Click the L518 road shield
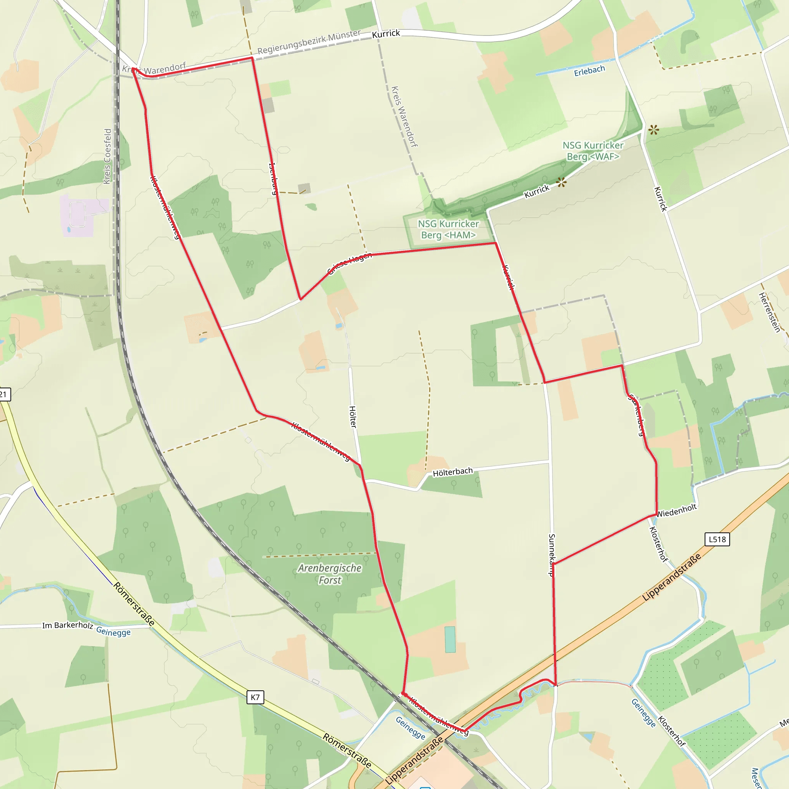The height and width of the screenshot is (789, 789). pos(717,539)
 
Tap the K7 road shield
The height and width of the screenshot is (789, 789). pos(255,697)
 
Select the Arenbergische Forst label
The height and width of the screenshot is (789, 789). pos(329,574)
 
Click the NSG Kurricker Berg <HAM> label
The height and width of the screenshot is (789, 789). pos(448,230)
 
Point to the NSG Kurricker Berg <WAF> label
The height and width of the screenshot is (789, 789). pos(593,151)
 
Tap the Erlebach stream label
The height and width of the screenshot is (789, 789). pos(589,71)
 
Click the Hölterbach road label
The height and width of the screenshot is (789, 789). pos(453,472)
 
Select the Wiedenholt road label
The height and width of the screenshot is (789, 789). pos(676,510)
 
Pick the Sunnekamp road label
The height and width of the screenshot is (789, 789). pos(552,555)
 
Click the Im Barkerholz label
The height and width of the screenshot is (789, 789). pos(67,625)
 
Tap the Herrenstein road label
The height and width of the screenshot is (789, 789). pos(769,312)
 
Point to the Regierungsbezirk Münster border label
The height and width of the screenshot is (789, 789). pos(309,42)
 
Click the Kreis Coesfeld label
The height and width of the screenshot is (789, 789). pos(107,156)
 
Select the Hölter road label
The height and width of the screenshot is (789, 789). pos(353,416)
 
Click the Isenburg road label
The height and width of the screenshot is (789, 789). pos(273,178)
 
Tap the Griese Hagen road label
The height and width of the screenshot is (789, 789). pos(349,263)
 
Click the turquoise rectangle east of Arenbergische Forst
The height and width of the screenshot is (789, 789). pos(450,640)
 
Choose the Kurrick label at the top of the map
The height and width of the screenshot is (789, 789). pos(386,34)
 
